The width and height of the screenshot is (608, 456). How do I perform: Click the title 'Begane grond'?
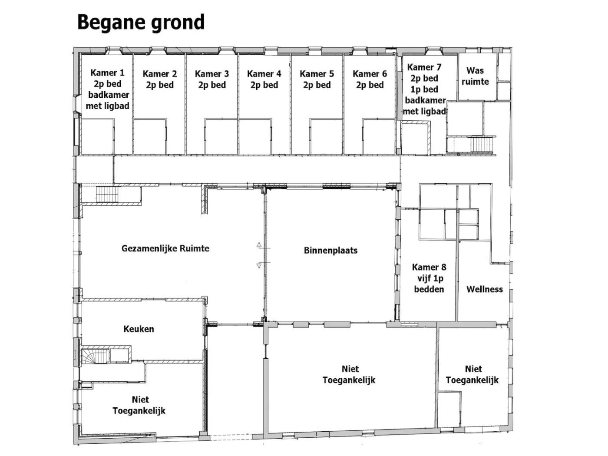point(141,23)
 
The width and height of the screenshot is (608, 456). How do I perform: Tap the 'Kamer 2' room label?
point(159,74)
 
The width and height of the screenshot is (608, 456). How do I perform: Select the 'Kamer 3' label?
point(212,74)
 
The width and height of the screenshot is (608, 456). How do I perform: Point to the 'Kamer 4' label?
point(264,74)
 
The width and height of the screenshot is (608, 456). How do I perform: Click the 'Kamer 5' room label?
point(317,74)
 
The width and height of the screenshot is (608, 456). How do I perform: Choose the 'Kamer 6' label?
point(370,74)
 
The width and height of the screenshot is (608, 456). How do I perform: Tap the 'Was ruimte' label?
point(475,76)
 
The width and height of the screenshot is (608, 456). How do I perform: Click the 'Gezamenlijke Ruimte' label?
point(165,248)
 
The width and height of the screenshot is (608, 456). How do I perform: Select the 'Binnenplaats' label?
point(331,250)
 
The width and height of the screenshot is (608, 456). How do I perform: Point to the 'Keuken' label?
point(139,329)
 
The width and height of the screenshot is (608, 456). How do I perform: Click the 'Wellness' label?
point(485,289)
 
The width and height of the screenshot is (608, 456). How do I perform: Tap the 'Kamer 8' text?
point(429,267)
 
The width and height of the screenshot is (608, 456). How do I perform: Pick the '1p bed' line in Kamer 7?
point(424,89)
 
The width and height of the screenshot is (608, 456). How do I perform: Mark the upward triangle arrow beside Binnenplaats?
point(259,245)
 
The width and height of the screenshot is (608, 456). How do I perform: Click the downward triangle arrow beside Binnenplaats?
point(259,265)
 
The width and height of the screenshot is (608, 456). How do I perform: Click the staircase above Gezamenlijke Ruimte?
point(107,194)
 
